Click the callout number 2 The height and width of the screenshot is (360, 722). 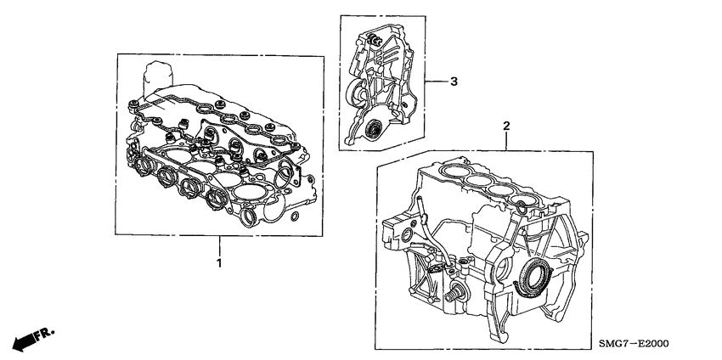pos(506,127)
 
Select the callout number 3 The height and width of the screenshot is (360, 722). pos(454,82)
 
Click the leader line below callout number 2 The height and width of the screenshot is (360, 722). pos(506,143)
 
